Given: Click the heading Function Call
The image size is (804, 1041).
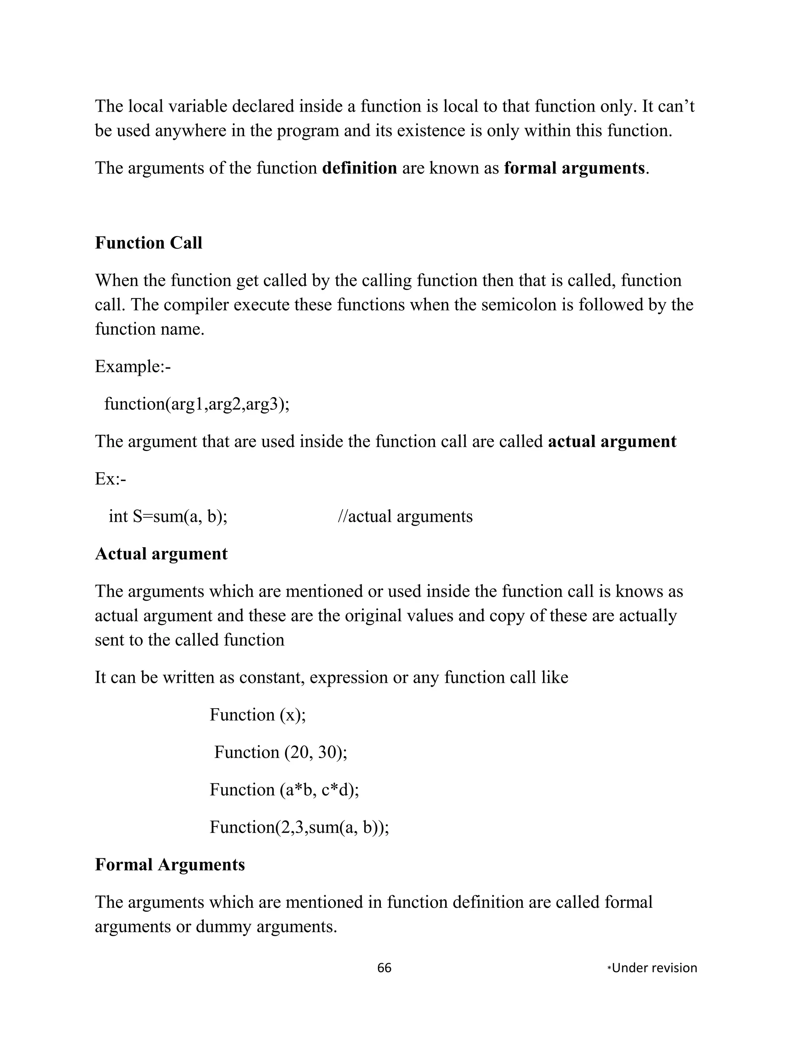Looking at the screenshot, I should pyautogui.click(x=149, y=243).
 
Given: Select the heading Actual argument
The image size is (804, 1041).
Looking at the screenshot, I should pyautogui.click(x=161, y=554).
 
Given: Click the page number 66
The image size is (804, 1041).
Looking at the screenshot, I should pyautogui.click(x=384, y=968).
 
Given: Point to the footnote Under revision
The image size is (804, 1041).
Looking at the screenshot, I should pyautogui.click(x=654, y=968).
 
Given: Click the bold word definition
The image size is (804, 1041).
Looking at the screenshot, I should pyautogui.click(x=360, y=168).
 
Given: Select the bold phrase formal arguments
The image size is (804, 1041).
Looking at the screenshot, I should pyautogui.click(x=574, y=168).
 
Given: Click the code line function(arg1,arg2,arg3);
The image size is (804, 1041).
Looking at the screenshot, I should pyautogui.click(x=197, y=404).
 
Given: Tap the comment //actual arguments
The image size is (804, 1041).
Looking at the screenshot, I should pyautogui.click(x=405, y=517).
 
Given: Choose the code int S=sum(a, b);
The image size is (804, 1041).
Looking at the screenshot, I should pyautogui.click(x=168, y=517).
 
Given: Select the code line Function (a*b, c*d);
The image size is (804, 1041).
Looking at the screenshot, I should pyautogui.click(x=284, y=790).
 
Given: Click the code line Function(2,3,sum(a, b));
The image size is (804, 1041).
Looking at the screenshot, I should pyautogui.click(x=299, y=827).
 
